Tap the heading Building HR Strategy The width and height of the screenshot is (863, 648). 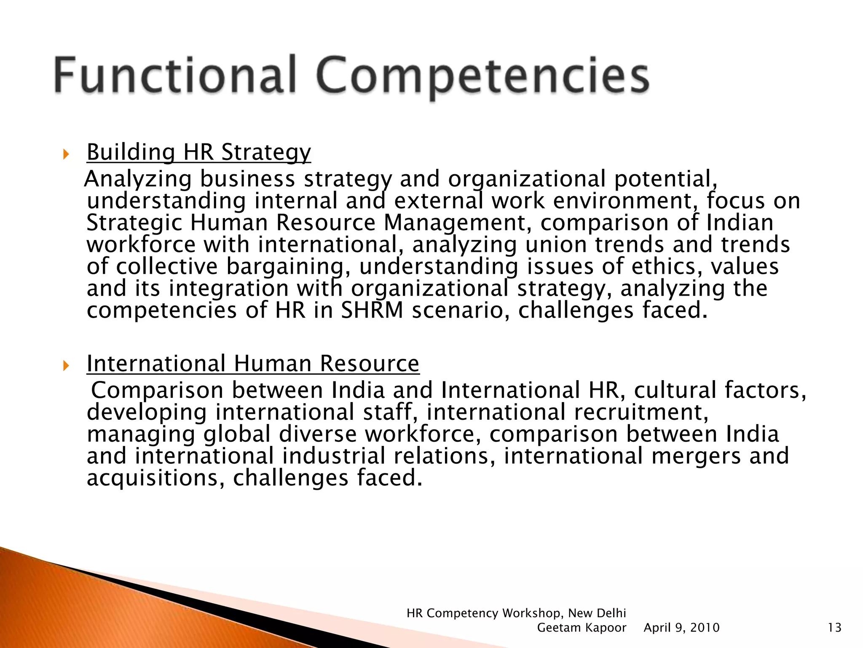(x=198, y=152)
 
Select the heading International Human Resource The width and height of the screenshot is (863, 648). (x=253, y=364)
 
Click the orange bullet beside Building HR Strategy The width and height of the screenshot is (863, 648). (x=65, y=154)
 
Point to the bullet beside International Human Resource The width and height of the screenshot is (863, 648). (x=65, y=365)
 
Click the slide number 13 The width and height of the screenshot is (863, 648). (x=834, y=628)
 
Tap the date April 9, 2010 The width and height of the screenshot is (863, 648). (x=681, y=628)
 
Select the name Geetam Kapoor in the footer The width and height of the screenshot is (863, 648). (x=582, y=628)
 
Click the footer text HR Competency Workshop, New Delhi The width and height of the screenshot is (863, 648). (x=516, y=613)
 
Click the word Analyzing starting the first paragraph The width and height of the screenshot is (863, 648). (x=138, y=179)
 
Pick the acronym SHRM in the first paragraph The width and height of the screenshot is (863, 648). (x=372, y=310)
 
